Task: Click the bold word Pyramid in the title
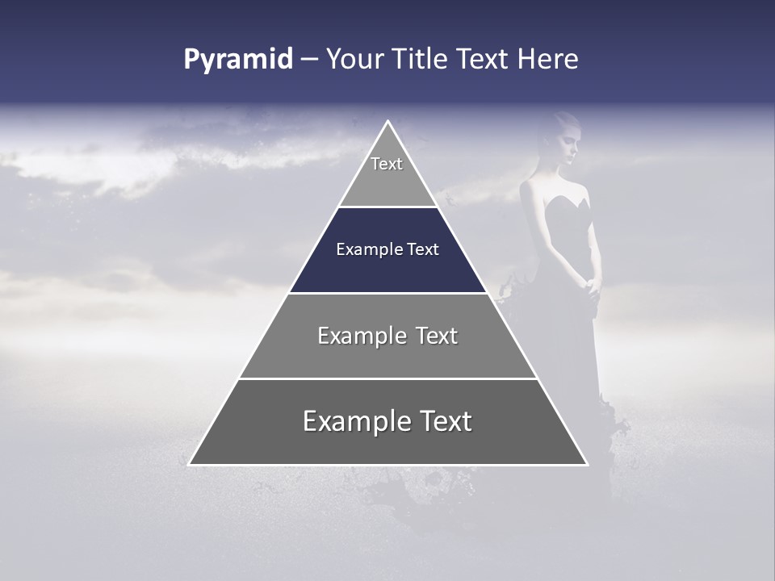(238, 60)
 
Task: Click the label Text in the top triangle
(387, 164)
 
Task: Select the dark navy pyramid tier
(387, 266)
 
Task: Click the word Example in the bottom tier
(356, 421)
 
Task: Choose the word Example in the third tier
(361, 336)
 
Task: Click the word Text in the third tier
(437, 336)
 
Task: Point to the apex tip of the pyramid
(388, 123)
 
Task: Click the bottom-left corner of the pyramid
(191, 463)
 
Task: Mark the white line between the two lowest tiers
(387, 378)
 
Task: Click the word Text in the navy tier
(422, 249)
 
